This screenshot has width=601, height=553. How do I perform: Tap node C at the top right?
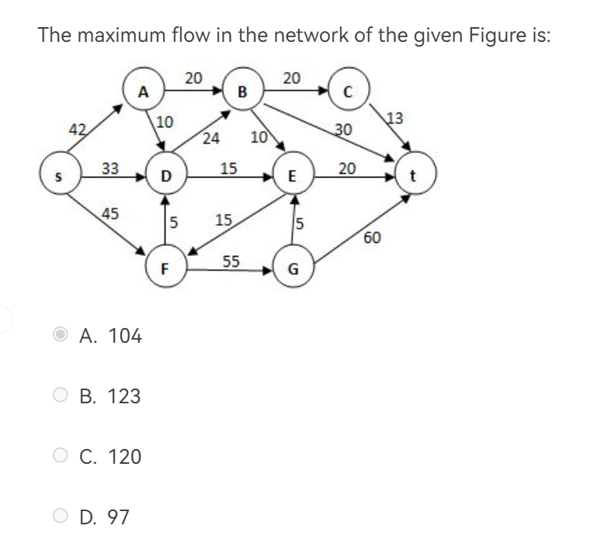click(349, 92)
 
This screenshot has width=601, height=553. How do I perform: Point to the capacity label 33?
click(110, 168)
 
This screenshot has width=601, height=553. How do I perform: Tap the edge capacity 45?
click(111, 213)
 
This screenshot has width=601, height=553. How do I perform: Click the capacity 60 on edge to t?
click(371, 237)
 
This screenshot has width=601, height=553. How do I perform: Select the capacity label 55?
click(231, 261)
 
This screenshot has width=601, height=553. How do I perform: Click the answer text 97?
click(118, 516)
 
